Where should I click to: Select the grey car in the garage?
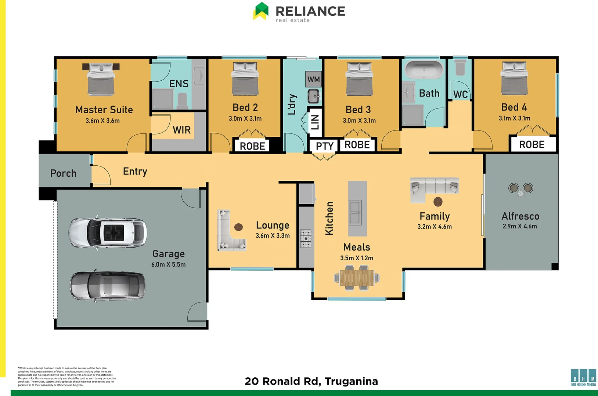pos(107,286)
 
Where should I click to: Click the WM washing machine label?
pos(313,79)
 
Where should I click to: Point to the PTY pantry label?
pos(324,146)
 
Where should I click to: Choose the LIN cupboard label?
pos(315,122)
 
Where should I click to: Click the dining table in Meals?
pos(357,278)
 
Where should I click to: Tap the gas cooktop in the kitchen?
pos(306,238)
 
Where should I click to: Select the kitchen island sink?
pos(355,212)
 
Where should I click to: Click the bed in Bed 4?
pos(514,78)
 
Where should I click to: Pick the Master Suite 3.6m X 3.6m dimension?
pos(102,121)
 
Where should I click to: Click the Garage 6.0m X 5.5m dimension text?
pos(168,264)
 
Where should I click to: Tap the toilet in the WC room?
pos(460,68)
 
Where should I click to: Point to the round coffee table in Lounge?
pos(238,227)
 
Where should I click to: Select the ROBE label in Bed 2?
pos(252,146)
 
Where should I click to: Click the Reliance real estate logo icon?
pos(261,11)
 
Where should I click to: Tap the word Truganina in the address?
pos(351,381)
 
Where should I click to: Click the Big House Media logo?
pos(583,377)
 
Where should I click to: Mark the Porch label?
pos(63,173)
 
